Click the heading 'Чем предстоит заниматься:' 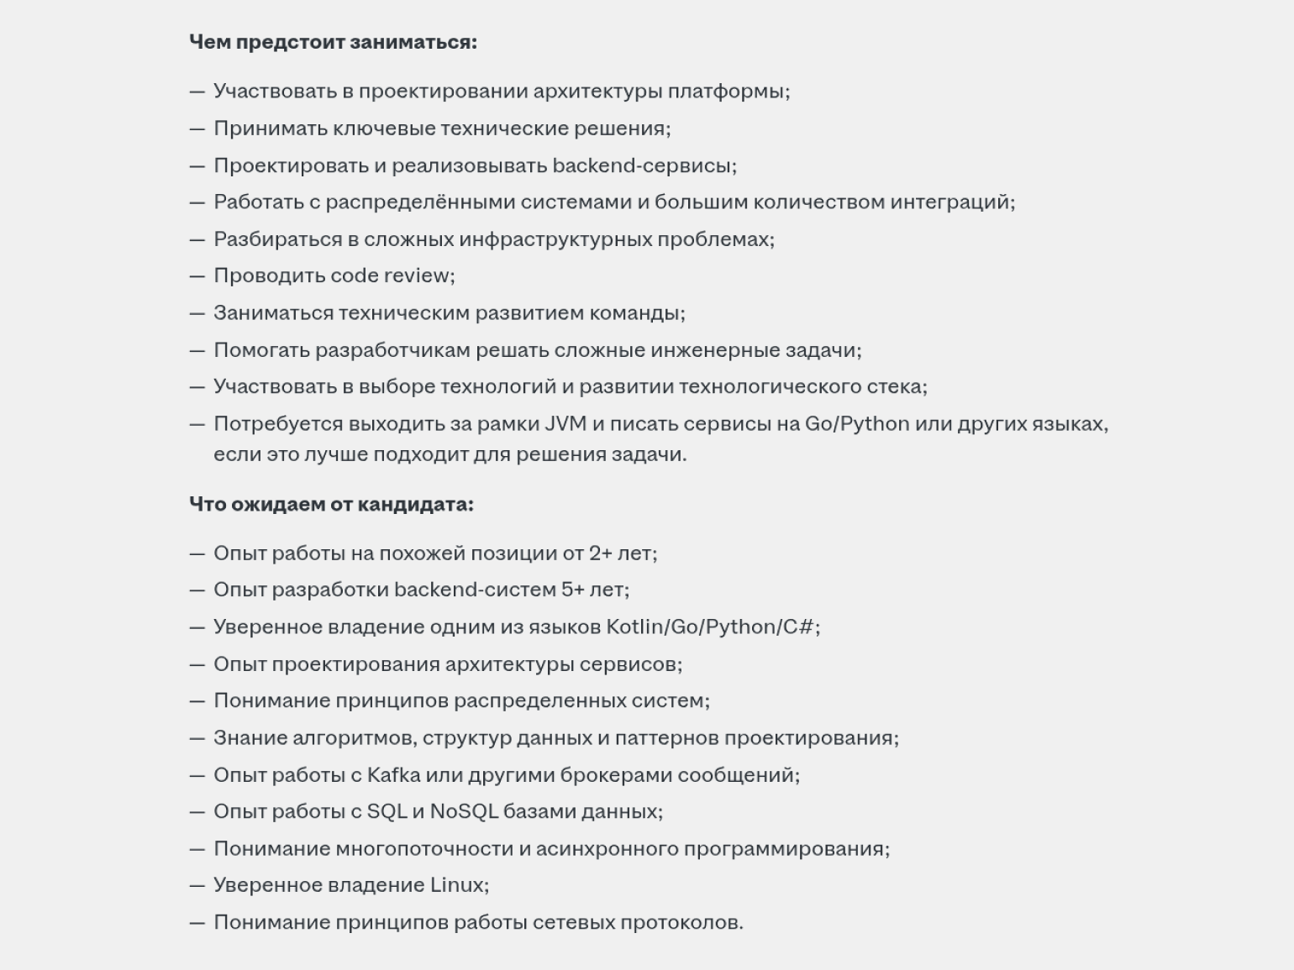pos(333,42)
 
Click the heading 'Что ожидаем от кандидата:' pos(331,504)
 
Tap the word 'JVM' pos(565,423)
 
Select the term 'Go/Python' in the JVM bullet pos(856,423)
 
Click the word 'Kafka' pos(393,774)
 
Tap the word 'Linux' pos(458,885)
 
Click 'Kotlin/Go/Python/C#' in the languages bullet pos(711,627)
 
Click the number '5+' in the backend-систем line pos(572,590)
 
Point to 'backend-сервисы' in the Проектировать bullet pos(643,165)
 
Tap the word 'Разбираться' pos(276,239)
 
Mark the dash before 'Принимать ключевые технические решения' pos(197,128)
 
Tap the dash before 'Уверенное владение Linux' pos(197,885)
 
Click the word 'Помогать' pos(261,350)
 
